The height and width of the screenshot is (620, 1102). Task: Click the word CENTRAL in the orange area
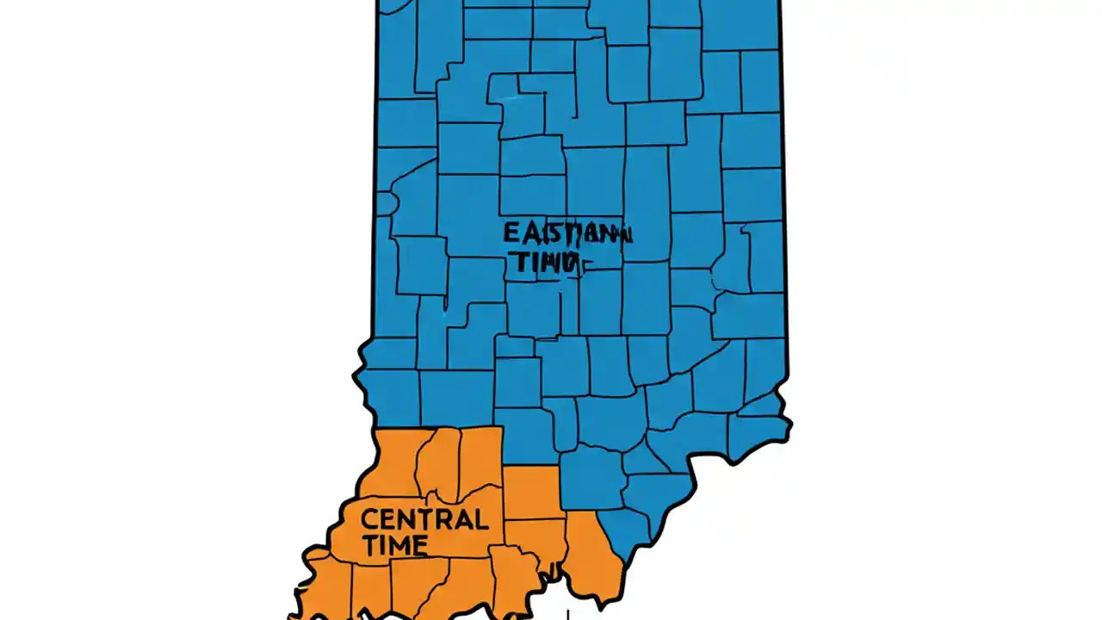coord(424,519)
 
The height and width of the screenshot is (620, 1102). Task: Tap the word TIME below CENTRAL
coord(395,545)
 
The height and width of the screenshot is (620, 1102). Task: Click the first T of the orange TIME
coord(370,545)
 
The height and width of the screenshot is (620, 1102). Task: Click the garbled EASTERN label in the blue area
coord(567,233)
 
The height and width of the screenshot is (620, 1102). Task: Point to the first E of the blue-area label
coord(511,233)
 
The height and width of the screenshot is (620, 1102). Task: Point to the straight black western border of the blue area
coord(376,172)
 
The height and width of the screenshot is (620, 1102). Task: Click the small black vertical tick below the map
coord(567,614)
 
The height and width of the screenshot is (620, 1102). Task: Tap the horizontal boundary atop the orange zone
coord(439,427)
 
